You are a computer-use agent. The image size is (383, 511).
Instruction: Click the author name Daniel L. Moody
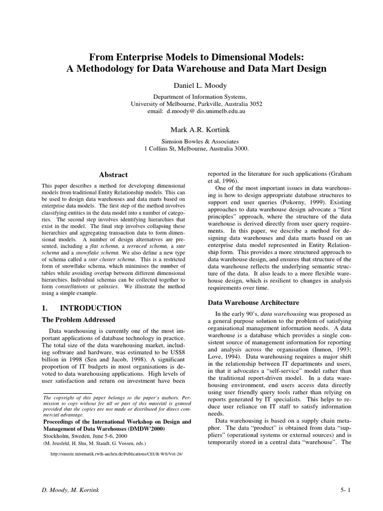(x=196, y=86)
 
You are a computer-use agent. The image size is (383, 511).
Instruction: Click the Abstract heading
(x=113, y=175)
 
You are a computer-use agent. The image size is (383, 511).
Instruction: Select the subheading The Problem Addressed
(x=78, y=320)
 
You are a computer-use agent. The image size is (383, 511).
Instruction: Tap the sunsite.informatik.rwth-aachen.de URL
(x=113, y=455)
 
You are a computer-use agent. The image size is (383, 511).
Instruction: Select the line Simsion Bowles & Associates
(x=196, y=141)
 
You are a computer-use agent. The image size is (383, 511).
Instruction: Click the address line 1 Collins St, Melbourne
(x=196, y=149)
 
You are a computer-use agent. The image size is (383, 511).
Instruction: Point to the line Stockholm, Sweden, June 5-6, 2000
(x=84, y=435)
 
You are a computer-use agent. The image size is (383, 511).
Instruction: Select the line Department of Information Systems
(x=196, y=96)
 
